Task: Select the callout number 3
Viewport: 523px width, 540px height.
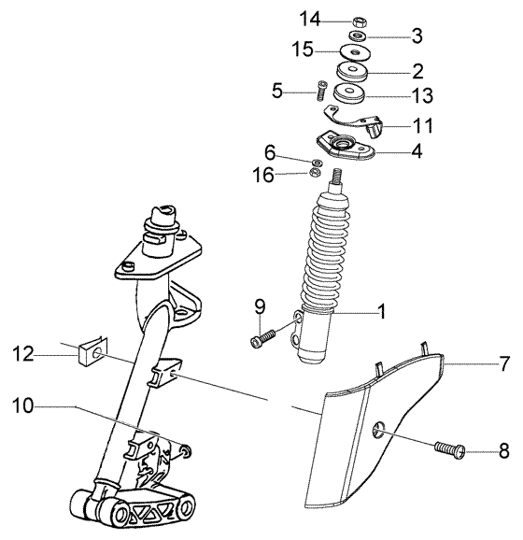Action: tap(417, 36)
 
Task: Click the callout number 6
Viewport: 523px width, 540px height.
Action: tap(270, 152)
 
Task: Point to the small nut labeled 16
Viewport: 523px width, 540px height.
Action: tap(317, 173)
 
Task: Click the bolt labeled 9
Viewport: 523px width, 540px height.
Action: tap(262, 337)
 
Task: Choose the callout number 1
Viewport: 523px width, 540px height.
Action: tap(381, 313)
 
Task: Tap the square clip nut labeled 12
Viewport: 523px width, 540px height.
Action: tap(92, 351)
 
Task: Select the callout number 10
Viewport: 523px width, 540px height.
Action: tap(24, 405)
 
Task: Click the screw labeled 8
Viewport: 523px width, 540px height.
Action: tap(450, 449)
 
